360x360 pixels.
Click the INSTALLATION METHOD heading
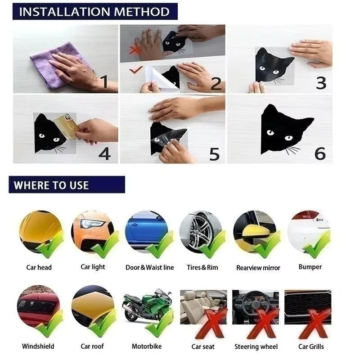click(94, 11)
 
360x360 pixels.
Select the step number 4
click(104, 153)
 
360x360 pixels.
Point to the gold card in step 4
click(67, 126)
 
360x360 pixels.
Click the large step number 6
click(319, 153)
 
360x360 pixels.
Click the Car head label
click(39, 267)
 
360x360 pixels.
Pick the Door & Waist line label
click(149, 267)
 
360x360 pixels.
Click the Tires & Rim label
click(202, 267)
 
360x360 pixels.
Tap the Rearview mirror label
click(258, 268)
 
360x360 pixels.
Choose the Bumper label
click(310, 267)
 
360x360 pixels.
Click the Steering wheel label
click(256, 346)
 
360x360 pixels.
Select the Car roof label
click(93, 346)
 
